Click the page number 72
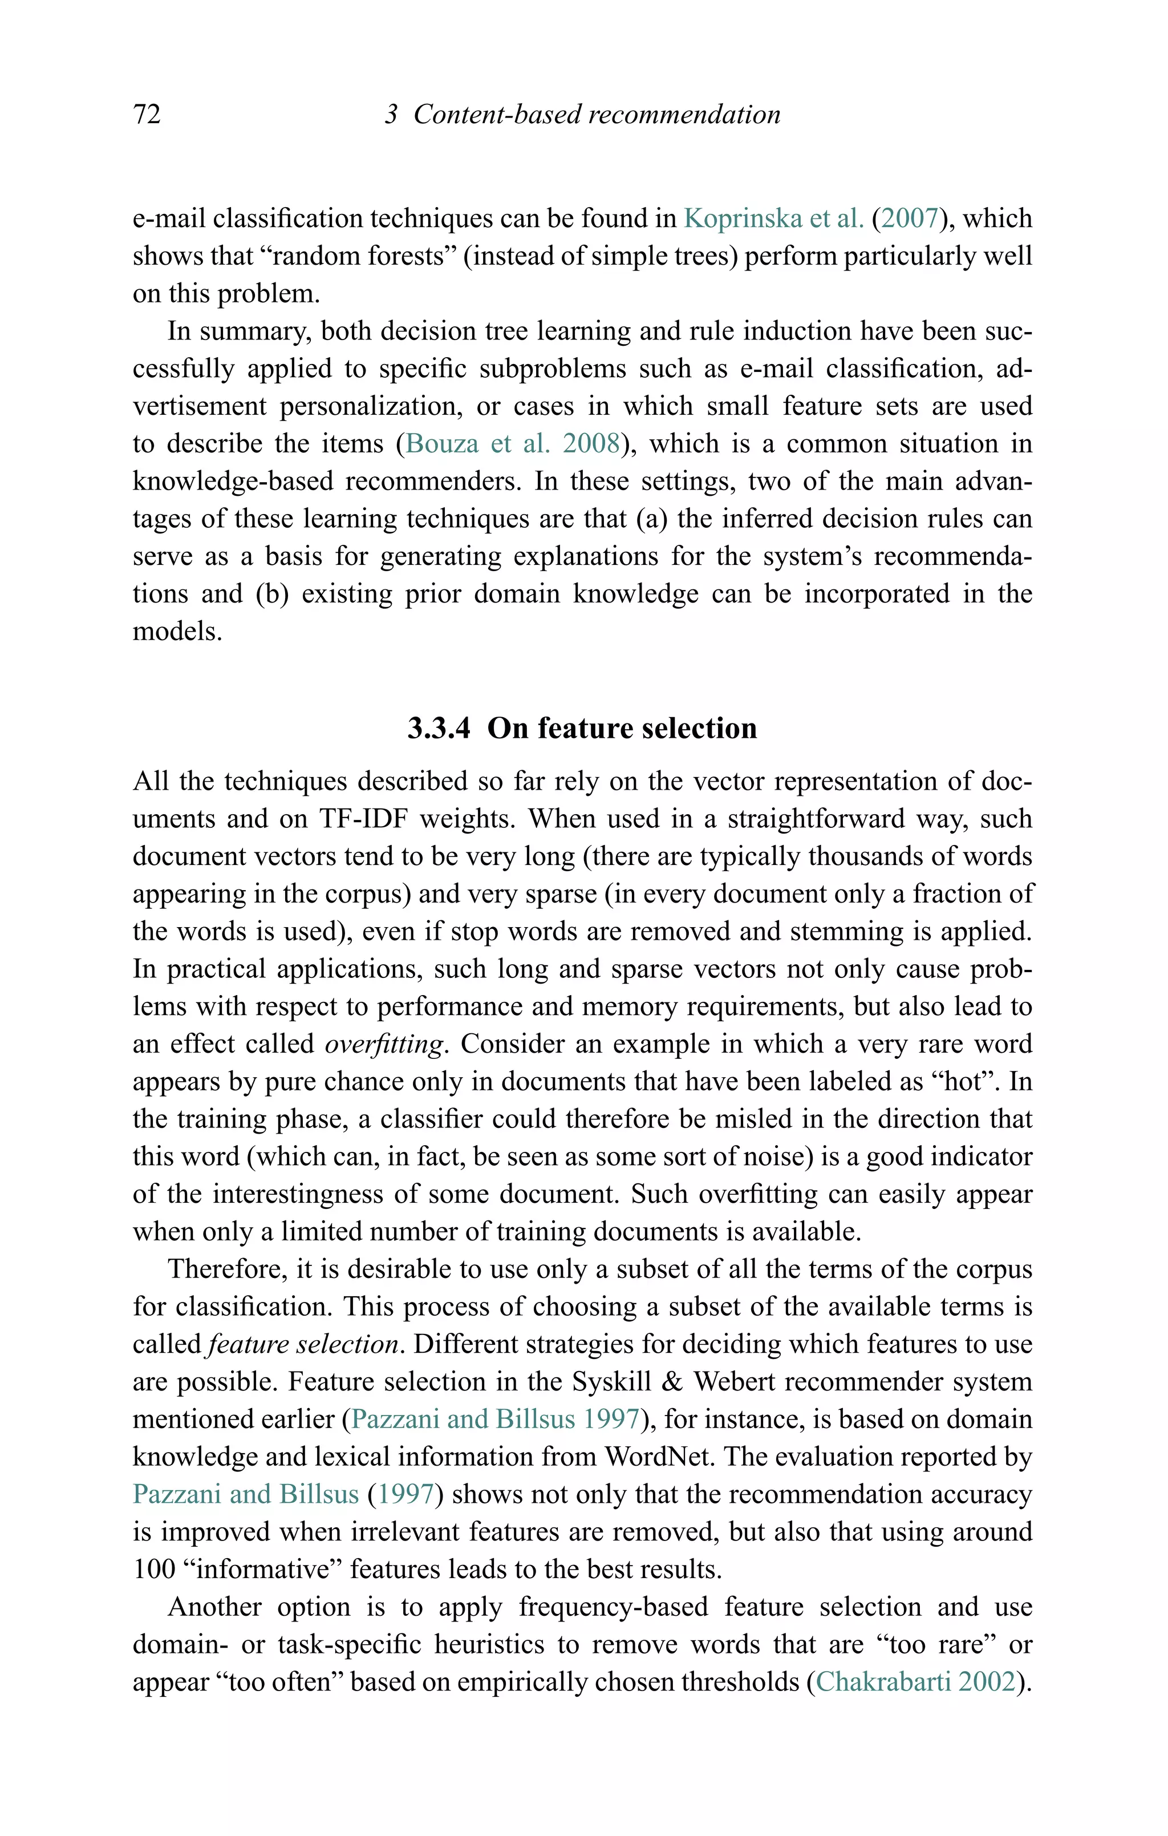pos(147,114)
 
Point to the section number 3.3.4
pos(439,728)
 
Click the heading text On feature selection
pos(622,728)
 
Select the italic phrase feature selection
pos(303,1344)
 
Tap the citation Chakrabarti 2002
pos(916,1681)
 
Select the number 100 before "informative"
pos(154,1568)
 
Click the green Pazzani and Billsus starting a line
pos(245,1494)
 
